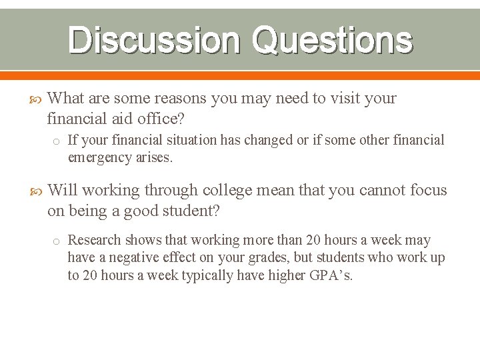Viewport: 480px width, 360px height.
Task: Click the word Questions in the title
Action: pyautogui.click(x=332, y=40)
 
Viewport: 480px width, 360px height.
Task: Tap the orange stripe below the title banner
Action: pyautogui.click(x=240, y=75)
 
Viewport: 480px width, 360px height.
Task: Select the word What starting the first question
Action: pyautogui.click(x=67, y=99)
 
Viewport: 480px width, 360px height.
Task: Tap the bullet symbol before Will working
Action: pyautogui.click(x=37, y=191)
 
